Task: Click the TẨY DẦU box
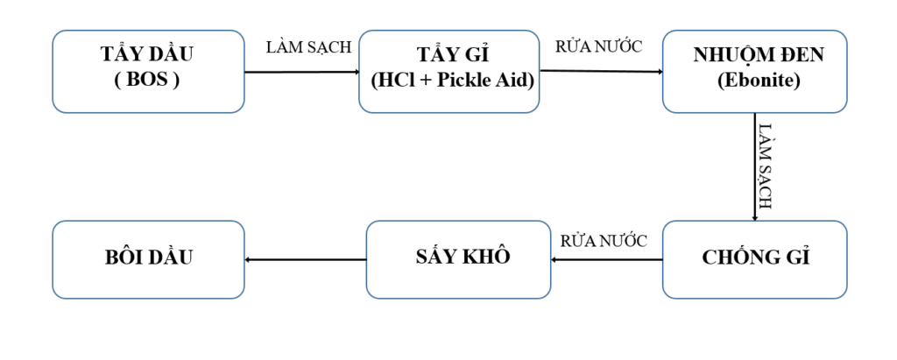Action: [148, 71]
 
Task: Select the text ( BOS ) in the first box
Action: [147, 81]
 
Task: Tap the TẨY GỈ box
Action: [448, 71]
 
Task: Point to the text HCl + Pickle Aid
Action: [453, 81]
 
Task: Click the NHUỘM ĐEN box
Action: [754, 71]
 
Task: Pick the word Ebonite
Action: [754, 81]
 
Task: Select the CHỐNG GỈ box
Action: [754, 258]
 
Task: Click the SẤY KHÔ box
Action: [458, 258]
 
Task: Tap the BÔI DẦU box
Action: [148, 258]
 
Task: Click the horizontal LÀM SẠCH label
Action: [308, 47]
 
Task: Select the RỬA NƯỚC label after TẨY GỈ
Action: [599, 47]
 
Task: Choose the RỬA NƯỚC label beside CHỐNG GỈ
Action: [604, 241]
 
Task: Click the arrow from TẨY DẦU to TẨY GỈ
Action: [301, 72]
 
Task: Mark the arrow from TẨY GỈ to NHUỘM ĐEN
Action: [601, 72]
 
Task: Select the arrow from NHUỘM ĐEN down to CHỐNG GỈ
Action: [754, 166]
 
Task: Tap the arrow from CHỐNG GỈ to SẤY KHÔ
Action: [606, 259]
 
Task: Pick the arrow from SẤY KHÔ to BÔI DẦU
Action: [305, 259]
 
